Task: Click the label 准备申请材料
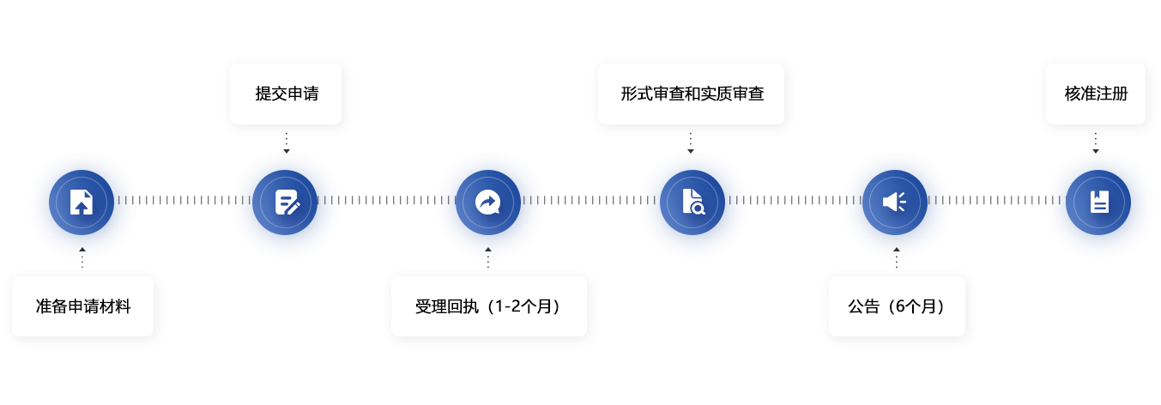[x=83, y=305]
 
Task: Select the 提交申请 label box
[x=286, y=94]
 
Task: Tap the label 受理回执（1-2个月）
[x=488, y=305]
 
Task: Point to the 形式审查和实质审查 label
[x=692, y=94]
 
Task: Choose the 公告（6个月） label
[x=897, y=305]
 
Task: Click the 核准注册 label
[x=1095, y=94]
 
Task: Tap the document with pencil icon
[x=287, y=202]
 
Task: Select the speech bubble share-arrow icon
[x=488, y=202]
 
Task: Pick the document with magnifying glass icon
[x=692, y=202]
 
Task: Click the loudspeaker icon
[x=895, y=202]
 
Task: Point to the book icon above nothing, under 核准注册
[x=1098, y=202]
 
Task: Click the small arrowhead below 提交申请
[x=287, y=151]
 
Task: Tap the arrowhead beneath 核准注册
[x=1095, y=152]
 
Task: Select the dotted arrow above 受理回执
[x=488, y=257]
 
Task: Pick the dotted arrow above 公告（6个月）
[x=897, y=257]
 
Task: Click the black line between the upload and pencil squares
[x=185, y=201]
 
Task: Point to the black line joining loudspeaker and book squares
[x=998, y=201]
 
